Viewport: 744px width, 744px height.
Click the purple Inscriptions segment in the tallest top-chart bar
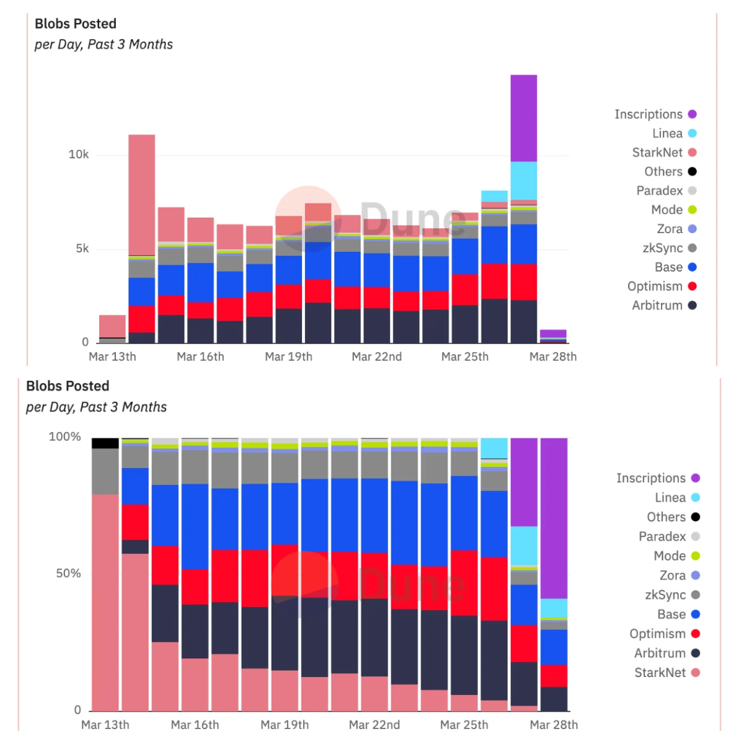point(523,118)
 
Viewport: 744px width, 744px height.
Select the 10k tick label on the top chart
point(79,154)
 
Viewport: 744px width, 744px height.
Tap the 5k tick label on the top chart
point(82,249)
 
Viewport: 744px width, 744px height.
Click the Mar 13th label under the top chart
point(112,356)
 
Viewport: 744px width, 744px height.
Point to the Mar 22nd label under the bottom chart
point(374,725)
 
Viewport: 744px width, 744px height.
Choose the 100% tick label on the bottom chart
point(65,436)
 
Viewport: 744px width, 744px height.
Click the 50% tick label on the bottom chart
point(68,573)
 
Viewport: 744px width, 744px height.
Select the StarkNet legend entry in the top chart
point(657,153)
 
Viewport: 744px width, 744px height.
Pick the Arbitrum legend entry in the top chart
point(657,305)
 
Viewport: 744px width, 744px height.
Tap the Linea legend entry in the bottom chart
point(670,497)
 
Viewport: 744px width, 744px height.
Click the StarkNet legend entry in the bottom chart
point(660,673)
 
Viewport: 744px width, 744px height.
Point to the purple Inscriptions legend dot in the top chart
point(693,114)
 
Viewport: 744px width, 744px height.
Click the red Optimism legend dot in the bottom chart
point(696,634)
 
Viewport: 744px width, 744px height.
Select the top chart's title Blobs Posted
point(76,24)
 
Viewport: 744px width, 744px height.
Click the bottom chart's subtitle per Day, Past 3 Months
point(96,407)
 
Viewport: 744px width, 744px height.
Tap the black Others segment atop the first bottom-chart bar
point(105,443)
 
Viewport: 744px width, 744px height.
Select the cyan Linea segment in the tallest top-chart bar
point(523,180)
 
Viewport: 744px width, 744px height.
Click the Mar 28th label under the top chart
point(553,356)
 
